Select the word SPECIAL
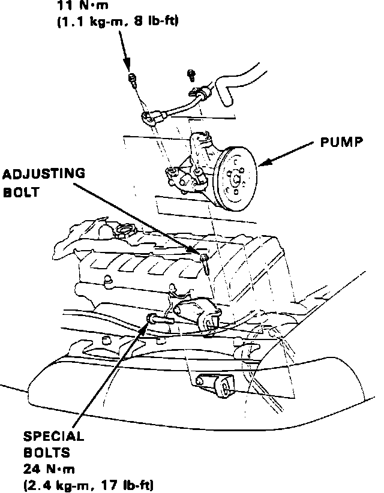pos(53,437)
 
